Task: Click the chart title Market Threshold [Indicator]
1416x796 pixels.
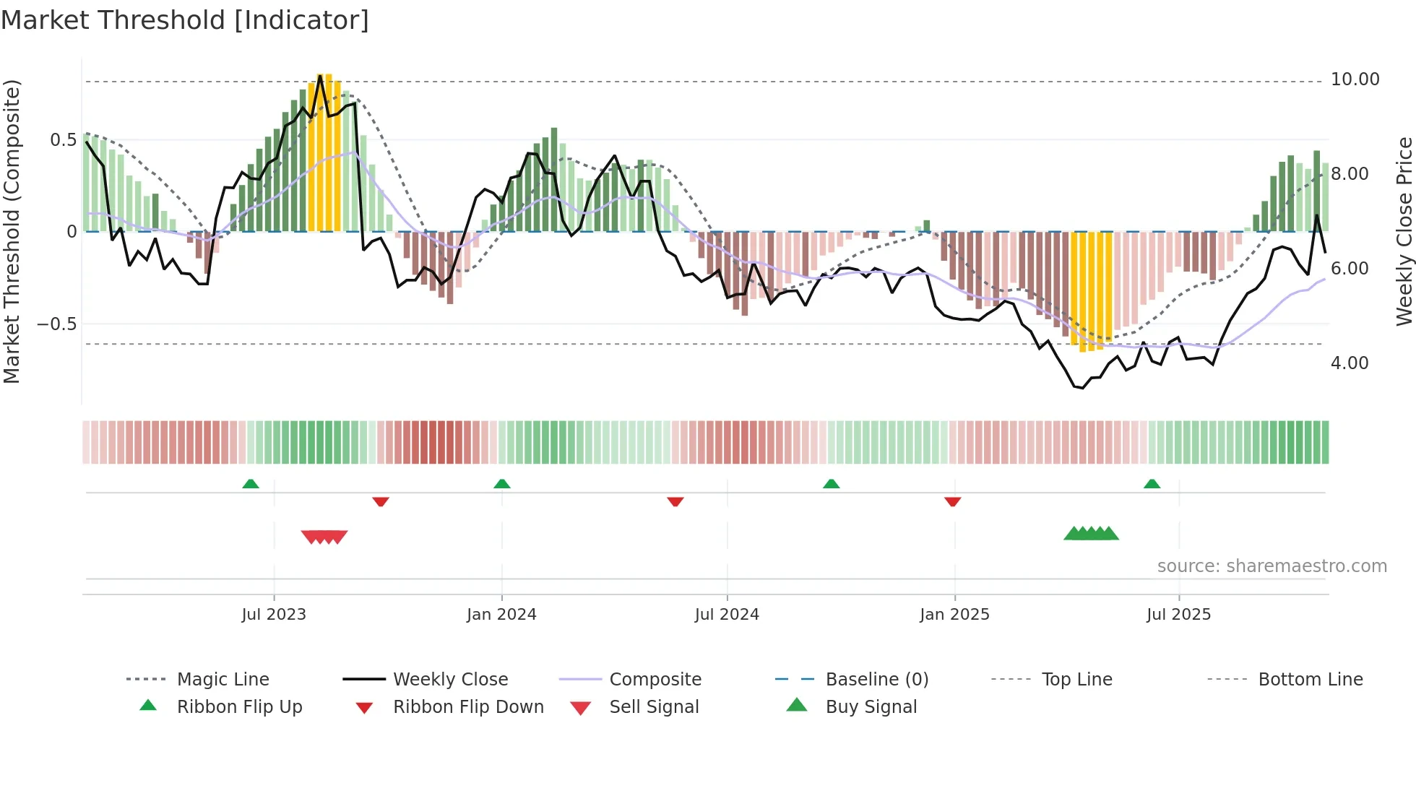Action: (x=185, y=20)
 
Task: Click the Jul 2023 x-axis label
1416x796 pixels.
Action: (x=274, y=615)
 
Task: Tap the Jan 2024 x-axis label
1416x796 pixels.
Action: (x=501, y=615)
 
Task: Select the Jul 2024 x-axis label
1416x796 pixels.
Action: (x=727, y=615)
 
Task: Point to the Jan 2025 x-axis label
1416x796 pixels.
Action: (x=954, y=615)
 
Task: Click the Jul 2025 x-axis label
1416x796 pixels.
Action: (x=1178, y=615)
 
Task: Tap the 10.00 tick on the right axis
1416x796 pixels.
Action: (x=1355, y=79)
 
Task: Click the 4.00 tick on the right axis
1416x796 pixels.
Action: (x=1350, y=363)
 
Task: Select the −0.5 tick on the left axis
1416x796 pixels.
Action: (x=57, y=324)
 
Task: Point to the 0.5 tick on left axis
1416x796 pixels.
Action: (x=63, y=140)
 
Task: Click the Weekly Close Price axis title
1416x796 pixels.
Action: (x=1404, y=231)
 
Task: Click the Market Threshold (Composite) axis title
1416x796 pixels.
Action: (x=12, y=231)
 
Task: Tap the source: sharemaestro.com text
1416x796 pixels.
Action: (x=1272, y=566)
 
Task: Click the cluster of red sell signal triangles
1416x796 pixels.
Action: (x=324, y=537)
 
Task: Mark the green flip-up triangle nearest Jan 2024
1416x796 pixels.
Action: (x=502, y=484)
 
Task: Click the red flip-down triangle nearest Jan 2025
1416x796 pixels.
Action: (x=952, y=501)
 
